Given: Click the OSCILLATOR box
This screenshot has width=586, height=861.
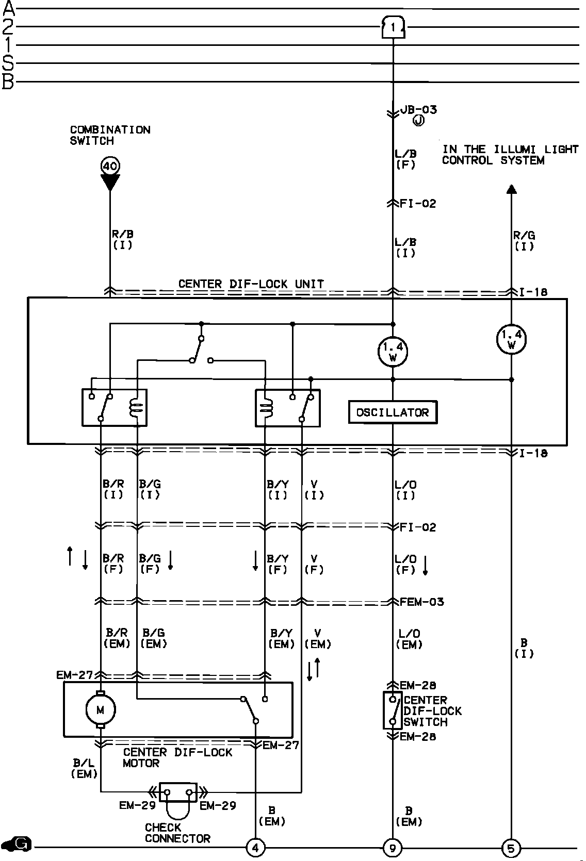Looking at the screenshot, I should point(393,412).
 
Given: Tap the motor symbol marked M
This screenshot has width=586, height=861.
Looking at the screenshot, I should point(100,710).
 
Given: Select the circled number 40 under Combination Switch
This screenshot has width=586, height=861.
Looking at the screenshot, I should point(110,166).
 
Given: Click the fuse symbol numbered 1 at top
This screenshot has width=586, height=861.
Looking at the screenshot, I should point(393,27).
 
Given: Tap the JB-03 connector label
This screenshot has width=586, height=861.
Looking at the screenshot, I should point(418,109).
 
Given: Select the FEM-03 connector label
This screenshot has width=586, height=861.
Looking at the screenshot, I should point(421,602).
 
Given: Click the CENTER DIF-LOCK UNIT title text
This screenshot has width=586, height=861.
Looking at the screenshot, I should point(251,284).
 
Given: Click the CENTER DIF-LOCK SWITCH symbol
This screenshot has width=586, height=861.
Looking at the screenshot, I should point(393,710).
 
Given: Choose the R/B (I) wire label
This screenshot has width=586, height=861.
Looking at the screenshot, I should point(123,240).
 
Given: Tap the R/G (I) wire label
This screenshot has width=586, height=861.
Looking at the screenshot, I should point(524,241).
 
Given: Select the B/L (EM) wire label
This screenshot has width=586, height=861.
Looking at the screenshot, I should point(84,768).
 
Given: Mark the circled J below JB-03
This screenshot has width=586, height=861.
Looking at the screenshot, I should point(418,121).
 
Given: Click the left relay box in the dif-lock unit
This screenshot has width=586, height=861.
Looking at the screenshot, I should point(115,407).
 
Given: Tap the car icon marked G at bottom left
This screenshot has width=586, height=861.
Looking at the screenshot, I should point(17,844).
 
